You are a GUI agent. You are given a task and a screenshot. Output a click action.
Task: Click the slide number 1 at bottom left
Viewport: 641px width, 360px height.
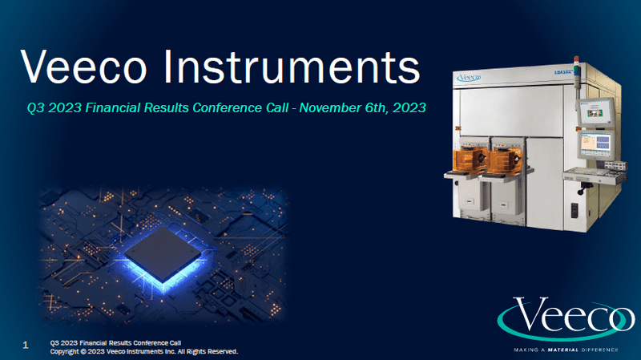[26, 345]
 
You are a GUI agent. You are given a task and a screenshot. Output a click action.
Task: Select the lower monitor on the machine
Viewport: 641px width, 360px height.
[595, 146]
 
